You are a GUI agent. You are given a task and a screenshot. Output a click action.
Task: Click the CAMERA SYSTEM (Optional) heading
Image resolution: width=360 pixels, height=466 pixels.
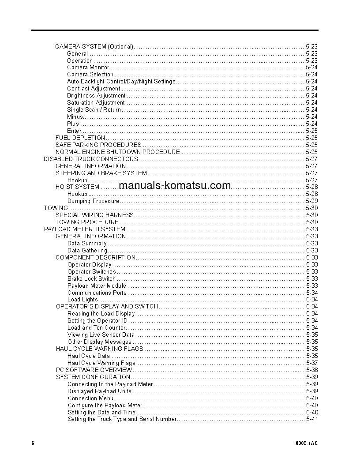coord(94,46)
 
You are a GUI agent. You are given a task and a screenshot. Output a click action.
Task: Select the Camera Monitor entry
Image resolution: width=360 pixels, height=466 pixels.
coord(88,68)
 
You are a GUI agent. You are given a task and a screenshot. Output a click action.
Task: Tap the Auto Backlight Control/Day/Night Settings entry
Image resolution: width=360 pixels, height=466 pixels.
coord(121,82)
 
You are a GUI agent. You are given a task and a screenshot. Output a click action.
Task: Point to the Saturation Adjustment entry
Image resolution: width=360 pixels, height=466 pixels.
coord(96,103)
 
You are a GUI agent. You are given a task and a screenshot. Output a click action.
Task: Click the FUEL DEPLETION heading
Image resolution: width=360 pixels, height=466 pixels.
coord(80,138)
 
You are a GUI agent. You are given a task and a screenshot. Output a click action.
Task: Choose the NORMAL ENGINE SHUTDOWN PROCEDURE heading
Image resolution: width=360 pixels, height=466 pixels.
coord(117,152)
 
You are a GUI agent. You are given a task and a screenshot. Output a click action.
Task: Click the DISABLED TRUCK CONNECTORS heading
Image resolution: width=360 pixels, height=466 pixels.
coord(91,159)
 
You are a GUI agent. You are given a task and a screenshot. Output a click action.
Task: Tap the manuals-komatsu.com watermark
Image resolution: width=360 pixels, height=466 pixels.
coord(175,185)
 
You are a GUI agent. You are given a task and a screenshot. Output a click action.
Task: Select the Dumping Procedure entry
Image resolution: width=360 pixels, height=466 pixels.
coord(93,201)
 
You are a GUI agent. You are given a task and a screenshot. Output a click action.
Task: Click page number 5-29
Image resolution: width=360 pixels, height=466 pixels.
coord(312,201)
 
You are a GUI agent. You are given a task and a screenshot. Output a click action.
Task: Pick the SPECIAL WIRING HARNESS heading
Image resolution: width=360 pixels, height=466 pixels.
coord(94,215)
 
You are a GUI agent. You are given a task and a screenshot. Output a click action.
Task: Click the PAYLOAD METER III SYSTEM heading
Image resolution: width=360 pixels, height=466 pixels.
coord(85,229)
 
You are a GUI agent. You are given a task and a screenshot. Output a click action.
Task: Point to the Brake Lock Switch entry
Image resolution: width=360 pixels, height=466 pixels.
coord(91,279)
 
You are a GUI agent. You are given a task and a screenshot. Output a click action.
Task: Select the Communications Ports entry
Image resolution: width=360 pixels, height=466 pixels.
coord(97,293)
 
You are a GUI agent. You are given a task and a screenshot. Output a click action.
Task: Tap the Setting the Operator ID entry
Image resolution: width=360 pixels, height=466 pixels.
coord(97,321)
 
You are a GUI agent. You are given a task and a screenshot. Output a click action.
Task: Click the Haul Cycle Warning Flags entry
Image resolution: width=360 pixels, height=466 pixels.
coord(101,363)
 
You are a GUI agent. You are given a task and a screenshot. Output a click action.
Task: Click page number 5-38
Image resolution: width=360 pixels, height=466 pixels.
coord(312,370)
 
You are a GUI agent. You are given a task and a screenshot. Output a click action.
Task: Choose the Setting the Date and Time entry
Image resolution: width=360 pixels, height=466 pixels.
coord(101,413)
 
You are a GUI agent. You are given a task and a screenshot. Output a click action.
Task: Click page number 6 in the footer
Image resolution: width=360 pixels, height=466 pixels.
coord(33,443)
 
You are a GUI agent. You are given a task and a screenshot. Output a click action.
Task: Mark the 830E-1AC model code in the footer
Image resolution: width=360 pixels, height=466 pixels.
coord(307,443)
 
